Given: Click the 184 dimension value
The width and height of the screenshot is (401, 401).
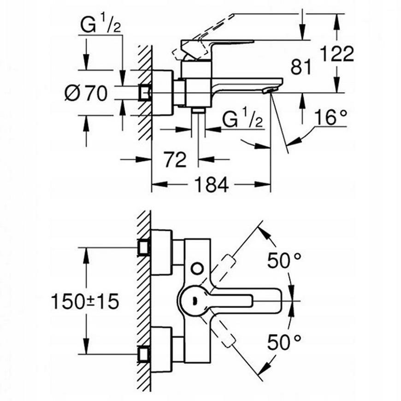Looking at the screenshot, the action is [x=212, y=184].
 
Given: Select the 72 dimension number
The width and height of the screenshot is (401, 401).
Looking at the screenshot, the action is [x=175, y=159].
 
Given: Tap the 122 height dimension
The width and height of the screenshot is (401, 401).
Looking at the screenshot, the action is [x=337, y=53].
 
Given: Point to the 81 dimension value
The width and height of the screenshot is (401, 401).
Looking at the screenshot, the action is [x=301, y=67].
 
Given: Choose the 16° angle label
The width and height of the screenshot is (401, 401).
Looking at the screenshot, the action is [x=330, y=117].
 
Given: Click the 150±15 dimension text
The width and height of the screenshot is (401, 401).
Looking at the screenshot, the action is [x=85, y=301].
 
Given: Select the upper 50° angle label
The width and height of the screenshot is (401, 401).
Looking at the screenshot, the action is [x=284, y=260].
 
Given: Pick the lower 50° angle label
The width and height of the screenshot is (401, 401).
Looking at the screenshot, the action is [x=284, y=342].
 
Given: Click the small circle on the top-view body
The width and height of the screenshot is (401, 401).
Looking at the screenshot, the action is [x=197, y=268].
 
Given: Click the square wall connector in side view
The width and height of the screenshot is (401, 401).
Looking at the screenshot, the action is [x=145, y=93].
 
